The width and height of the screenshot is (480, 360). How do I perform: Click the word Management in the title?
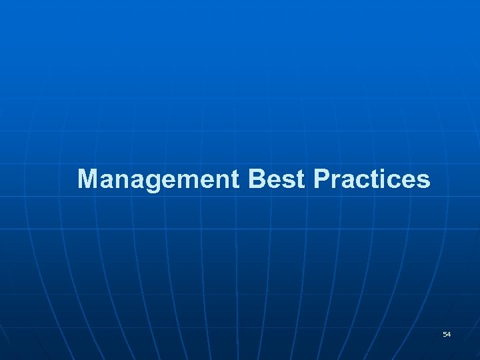click(158, 179)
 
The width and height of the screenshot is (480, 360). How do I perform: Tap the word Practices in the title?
click(371, 179)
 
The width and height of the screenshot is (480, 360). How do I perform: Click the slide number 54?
click(447, 333)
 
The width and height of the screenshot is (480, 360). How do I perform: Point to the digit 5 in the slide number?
click(445, 333)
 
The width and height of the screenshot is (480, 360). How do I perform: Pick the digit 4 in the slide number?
click(449, 333)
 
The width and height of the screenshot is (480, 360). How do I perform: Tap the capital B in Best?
click(257, 179)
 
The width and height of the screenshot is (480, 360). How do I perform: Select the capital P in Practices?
click(321, 179)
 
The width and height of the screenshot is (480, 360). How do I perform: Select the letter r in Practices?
click(334, 180)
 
